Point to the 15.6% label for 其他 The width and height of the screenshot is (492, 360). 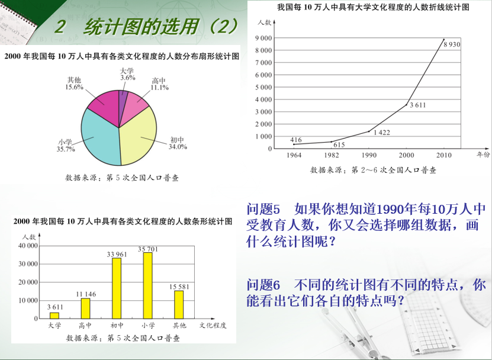(x=74, y=87)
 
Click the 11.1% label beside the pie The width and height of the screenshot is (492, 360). (x=159, y=88)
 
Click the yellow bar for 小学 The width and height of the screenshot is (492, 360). (x=148, y=285)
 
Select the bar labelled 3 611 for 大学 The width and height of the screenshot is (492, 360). (x=54, y=316)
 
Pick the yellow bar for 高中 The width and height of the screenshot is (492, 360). (x=85, y=308)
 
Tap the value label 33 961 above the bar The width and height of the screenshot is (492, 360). (x=117, y=254)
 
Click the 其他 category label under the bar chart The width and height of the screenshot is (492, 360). (x=179, y=326)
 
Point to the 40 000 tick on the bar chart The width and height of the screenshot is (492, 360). (x=28, y=246)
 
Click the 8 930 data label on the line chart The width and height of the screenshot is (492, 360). (x=452, y=44)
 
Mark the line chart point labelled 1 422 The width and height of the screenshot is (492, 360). (x=369, y=131)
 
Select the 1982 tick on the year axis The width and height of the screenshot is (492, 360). (x=332, y=155)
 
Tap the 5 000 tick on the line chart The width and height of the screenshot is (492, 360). (x=263, y=87)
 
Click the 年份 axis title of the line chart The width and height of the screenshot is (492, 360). (x=483, y=155)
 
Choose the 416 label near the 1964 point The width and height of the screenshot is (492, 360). (x=296, y=140)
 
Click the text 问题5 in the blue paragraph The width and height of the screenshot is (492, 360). (x=263, y=209)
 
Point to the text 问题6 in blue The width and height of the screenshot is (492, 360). (x=263, y=285)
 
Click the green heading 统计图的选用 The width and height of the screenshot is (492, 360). (x=142, y=27)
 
